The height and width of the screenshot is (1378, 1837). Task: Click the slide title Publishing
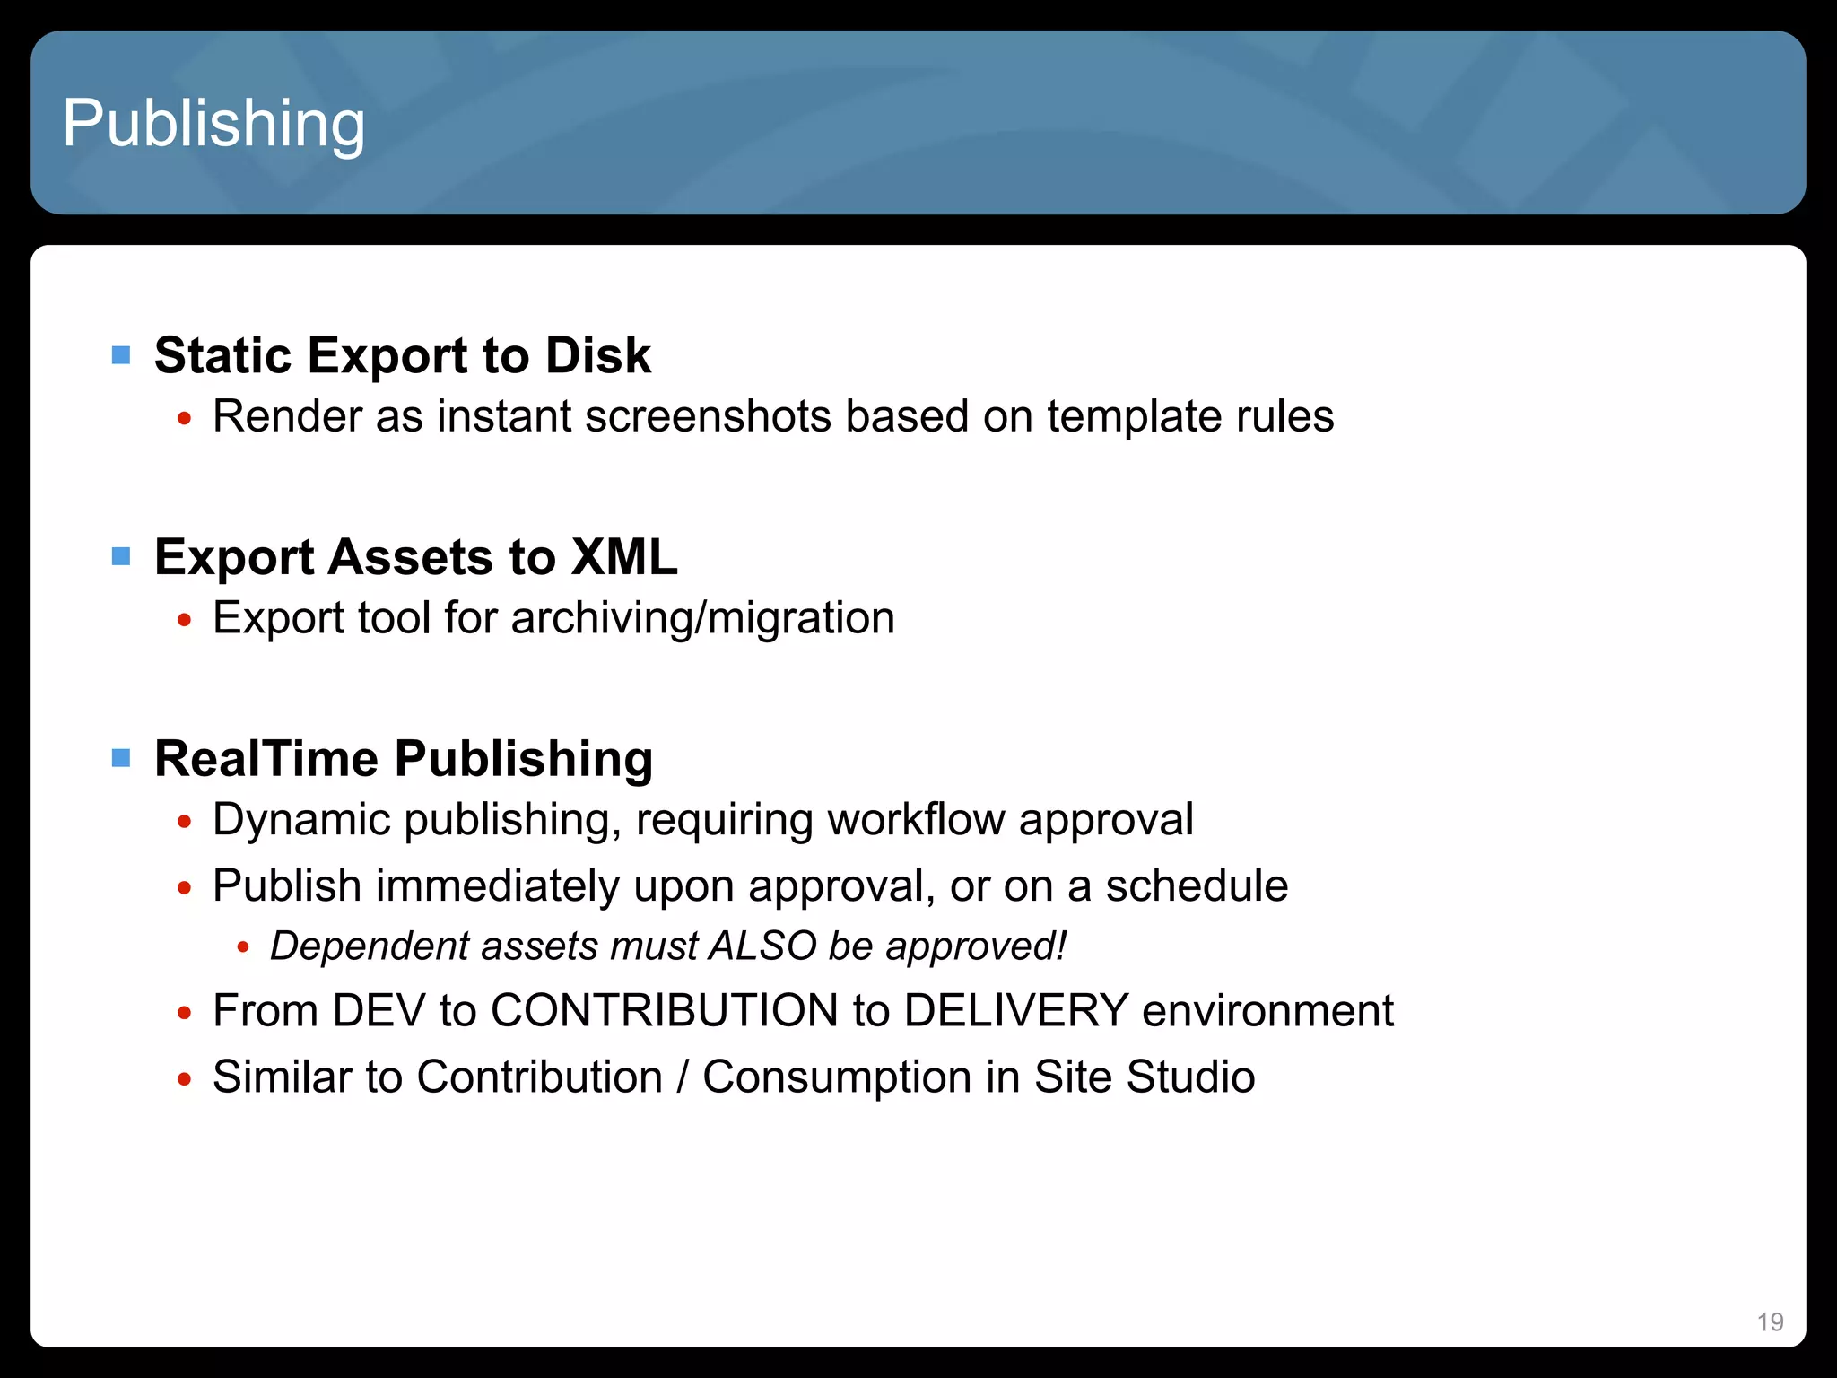pyautogui.click(x=213, y=124)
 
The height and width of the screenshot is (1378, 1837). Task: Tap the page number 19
pyautogui.click(x=1770, y=1321)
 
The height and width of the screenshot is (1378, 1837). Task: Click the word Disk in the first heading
pyautogui.click(x=597, y=355)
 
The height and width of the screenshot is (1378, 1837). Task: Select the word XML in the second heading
pyautogui.click(x=624, y=557)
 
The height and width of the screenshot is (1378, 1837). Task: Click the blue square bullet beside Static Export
pyautogui.click(x=121, y=355)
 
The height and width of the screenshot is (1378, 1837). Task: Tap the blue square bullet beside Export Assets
pyautogui.click(x=121, y=557)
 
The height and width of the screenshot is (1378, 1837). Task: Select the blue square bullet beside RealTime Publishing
pyautogui.click(x=121, y=759)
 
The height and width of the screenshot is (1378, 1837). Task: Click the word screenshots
pyautogui.click(x=708, y=416)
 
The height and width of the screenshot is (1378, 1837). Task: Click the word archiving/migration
pyautogui.click(x=702, y=618)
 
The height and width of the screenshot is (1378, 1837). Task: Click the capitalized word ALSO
pyautogui.click(x=762, y=946)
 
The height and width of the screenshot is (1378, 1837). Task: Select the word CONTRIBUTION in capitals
pyautogui.click(x=664, y=1010)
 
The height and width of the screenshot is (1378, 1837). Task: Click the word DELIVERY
pyautogui.click(x=1015, y=1010)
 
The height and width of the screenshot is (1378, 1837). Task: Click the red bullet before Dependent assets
pyautogui.click(x=242, y=947)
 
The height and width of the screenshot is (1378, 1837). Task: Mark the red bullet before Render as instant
pyautogui.click(x=185, y=418)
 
